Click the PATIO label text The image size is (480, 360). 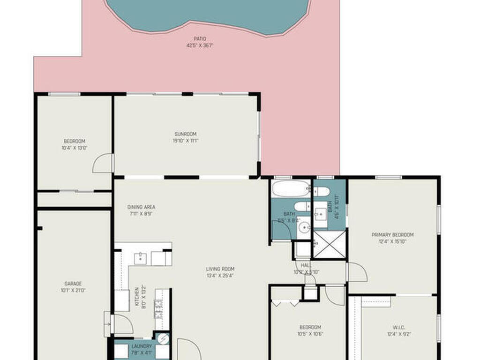coord(200,39)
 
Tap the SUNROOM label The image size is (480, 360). coord(186,134)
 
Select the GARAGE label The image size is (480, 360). coord(73,284)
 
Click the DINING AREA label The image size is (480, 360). coord(141,207)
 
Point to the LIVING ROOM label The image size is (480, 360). coord(220,269)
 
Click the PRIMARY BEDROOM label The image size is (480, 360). coord(392,235)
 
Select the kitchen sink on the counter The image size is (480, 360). coord(140,257)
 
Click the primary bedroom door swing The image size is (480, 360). coord(357,273)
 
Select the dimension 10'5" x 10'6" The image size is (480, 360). coord(310,334)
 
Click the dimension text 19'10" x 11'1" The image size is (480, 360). coord(186,140)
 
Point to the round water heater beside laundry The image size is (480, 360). coord(163,337)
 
